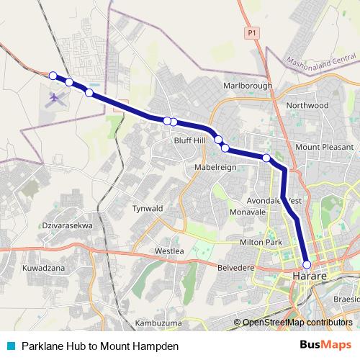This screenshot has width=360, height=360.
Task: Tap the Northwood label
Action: click(x=307, y=105)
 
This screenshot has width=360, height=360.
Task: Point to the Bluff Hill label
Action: click(x=189, y=141)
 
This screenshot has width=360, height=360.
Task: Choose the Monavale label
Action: click(x=248, y=213)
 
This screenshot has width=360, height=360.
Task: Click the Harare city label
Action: click(x=310, y=276)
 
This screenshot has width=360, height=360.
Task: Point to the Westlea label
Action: click(x=170, y=251)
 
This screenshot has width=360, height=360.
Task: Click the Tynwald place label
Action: click(x=148, y=208)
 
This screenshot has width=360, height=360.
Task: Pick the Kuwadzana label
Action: click(x=43, y=268)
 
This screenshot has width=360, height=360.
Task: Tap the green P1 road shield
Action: click(x=251, y=32)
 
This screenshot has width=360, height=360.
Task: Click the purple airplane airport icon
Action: click(x=55, y=97)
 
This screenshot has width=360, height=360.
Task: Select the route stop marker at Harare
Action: click(x=307, y=264)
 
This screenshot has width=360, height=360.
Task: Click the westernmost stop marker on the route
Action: click(x=53, y=75)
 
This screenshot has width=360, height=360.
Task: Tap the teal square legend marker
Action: click(x=11, y=346)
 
